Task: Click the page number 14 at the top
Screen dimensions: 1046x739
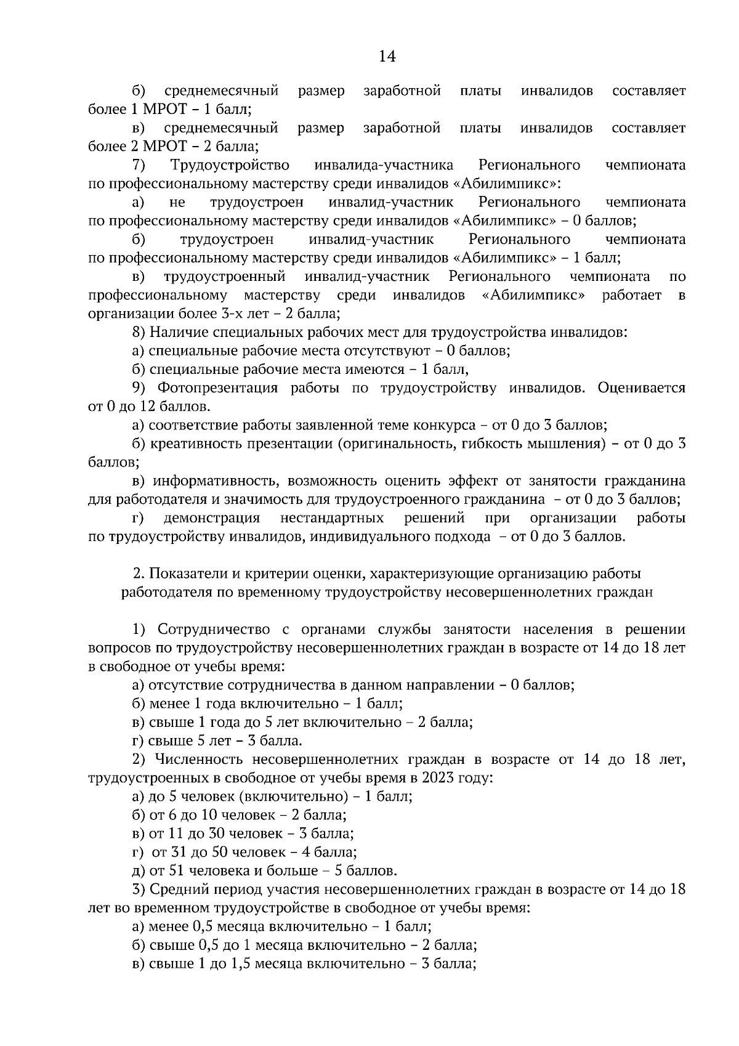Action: pyautogui.click(x=387, y=57)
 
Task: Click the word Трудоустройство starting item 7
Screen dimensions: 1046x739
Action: pyautogui.click(x=230, y=165)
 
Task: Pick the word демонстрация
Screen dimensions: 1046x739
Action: pyautogui.click(x=212, y=518)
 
